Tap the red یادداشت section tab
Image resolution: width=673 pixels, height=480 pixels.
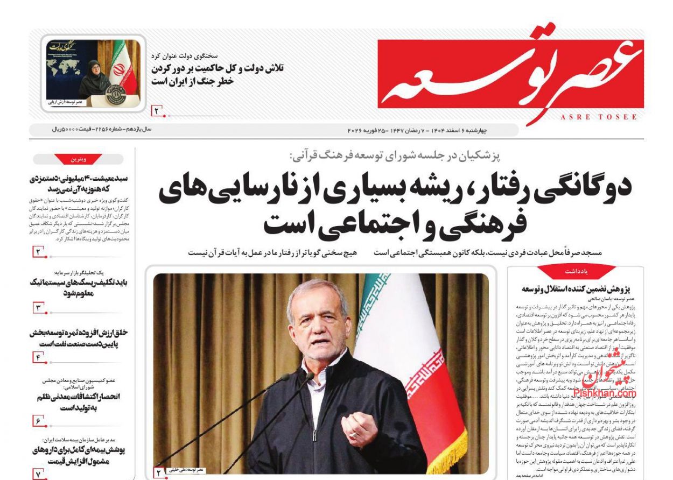(x=576, y=271)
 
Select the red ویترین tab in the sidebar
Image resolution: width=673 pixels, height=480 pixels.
(x=79, y=159)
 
